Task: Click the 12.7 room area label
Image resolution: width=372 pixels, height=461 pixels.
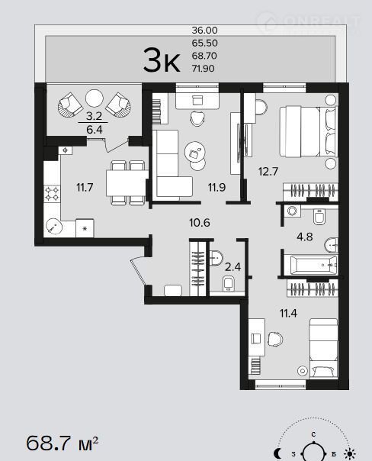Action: (x=268, y=171)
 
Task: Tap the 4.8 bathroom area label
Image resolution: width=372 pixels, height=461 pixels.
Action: (x=304, y=237)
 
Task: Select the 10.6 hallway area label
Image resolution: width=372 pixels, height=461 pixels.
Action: (x=200, y=223)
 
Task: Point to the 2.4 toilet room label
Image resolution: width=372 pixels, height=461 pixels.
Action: (x=232, y=267)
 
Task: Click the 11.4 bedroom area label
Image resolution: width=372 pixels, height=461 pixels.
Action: (x=288, y=314)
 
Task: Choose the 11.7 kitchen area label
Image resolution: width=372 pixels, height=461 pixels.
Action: (x=85, y=187)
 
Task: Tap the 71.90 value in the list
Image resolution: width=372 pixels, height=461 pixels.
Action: (x=204, y=69)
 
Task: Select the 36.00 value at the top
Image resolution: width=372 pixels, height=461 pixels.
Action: (x=204, y=30)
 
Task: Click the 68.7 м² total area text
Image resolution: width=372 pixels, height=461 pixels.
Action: (x=63, y=443)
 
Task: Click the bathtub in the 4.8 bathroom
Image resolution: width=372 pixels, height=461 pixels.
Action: (x=313, y=265)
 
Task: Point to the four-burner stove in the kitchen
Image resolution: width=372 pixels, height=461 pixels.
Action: (x=52, y=194)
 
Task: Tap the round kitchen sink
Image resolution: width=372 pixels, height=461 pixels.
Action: (x=54, y=227)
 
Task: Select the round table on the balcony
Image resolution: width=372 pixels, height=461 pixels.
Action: (x=95, y=98)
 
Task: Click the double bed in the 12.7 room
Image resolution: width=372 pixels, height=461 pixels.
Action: (x=308, y=131)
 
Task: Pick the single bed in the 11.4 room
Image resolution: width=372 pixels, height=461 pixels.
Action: (x=323, y=348)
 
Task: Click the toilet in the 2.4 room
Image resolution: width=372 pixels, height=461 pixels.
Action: (x=228, y=283)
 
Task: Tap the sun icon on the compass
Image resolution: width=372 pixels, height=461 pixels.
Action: (x=350, y=453)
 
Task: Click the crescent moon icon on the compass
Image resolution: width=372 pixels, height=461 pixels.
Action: (x=277, y=453)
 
